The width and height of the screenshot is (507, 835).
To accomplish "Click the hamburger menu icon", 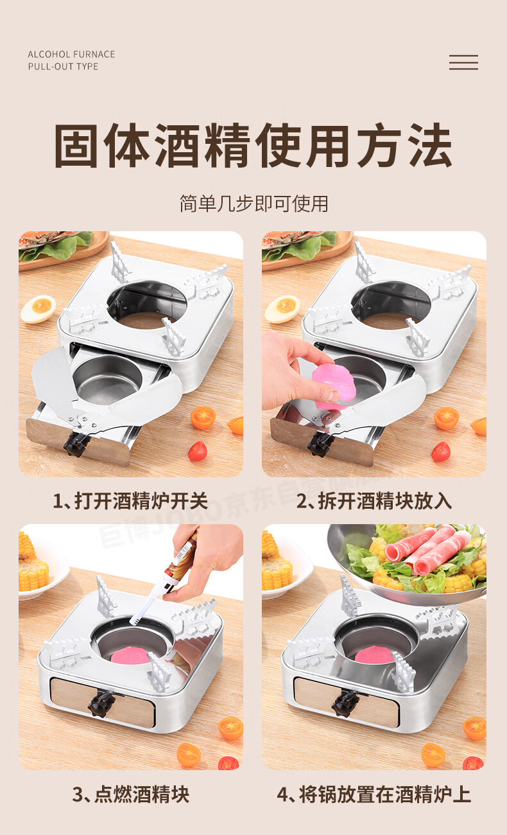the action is click(x=463, y=62).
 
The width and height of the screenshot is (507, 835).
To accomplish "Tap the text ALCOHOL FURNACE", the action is click(x=71, y=55).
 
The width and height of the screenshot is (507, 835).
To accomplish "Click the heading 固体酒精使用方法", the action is click(x=253, y=145).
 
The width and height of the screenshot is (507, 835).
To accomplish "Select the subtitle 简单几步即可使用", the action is click(x=253, y=203).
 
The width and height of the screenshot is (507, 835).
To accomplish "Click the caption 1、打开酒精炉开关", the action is click(x=130, y=500).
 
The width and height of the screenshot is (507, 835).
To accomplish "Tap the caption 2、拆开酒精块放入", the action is click(x=374, y=500).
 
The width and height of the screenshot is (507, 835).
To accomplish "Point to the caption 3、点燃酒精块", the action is click(x=131, y=795).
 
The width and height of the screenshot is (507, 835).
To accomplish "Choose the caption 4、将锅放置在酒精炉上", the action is click(x=374, y=795).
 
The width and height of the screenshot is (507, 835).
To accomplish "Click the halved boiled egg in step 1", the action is click(x=38, y=309).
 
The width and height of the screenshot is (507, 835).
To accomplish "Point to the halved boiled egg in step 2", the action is click(x=282, y=309).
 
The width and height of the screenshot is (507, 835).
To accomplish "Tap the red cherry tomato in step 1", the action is click(x=197, y=451).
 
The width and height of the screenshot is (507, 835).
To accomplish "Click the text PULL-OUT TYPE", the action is click(x=64, y=67).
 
